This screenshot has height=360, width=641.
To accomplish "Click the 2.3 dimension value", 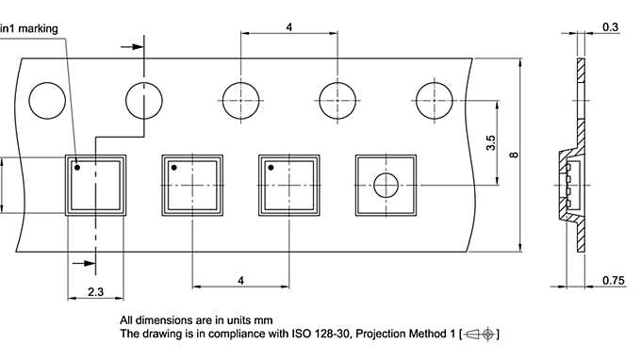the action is (95, 292).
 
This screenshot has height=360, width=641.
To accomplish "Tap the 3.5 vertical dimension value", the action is (490, 142).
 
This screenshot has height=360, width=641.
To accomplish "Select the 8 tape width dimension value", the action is (514, 155).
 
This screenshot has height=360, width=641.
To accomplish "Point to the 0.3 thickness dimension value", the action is (610, 27).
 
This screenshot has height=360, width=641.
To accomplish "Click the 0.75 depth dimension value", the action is (614, 281).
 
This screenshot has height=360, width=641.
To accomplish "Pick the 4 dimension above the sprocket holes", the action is (289, 27).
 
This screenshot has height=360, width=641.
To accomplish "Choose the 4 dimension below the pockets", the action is (240, 281).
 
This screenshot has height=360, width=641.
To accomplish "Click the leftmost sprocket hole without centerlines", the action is (47, 101).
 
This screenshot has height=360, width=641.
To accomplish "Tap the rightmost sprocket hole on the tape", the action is (435, 101).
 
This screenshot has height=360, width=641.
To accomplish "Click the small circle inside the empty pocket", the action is (386, 185).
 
